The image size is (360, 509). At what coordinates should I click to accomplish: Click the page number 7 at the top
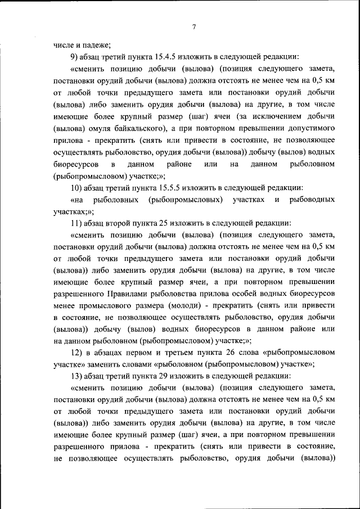point(193,26)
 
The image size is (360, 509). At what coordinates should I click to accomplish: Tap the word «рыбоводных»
point(312,200)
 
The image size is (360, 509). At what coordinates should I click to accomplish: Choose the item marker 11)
point(78,223)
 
